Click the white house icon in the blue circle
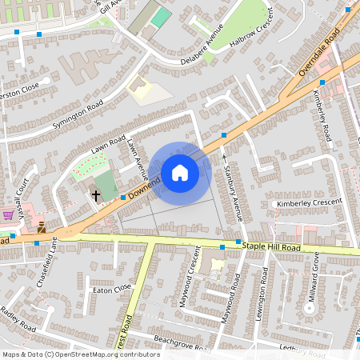click(x=180, y=173)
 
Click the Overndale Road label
click(x=319, y=53)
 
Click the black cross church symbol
click(x=96, y=194)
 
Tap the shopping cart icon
click(x=8, y=215)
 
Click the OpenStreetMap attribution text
click(x=81, y=354)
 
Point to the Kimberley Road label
click(x=322, y=116)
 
